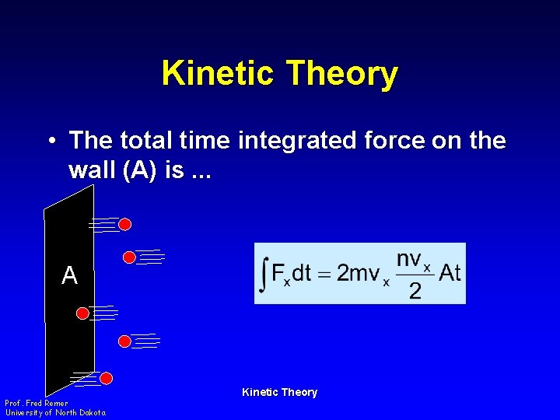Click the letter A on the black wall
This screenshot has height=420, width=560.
(x=70, y=275)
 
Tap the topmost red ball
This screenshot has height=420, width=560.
(x=124, y=225)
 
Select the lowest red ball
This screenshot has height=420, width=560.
(x=107, y=379)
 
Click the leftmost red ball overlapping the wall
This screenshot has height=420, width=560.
(x=82, y=313)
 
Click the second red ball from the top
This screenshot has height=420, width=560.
(x=130, y=257)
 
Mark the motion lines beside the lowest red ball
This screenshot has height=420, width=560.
(x=85, y=379)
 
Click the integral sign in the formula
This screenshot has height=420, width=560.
(x=264, y=274)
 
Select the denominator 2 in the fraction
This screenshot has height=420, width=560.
(x=415, y=291)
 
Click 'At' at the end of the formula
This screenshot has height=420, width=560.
(x=450, y=273)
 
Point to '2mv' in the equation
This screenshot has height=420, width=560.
(x=359, y=274)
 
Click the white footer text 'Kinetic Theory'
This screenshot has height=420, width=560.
(x=279, y=392)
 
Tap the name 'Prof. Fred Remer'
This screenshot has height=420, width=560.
(x=37, y=403)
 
